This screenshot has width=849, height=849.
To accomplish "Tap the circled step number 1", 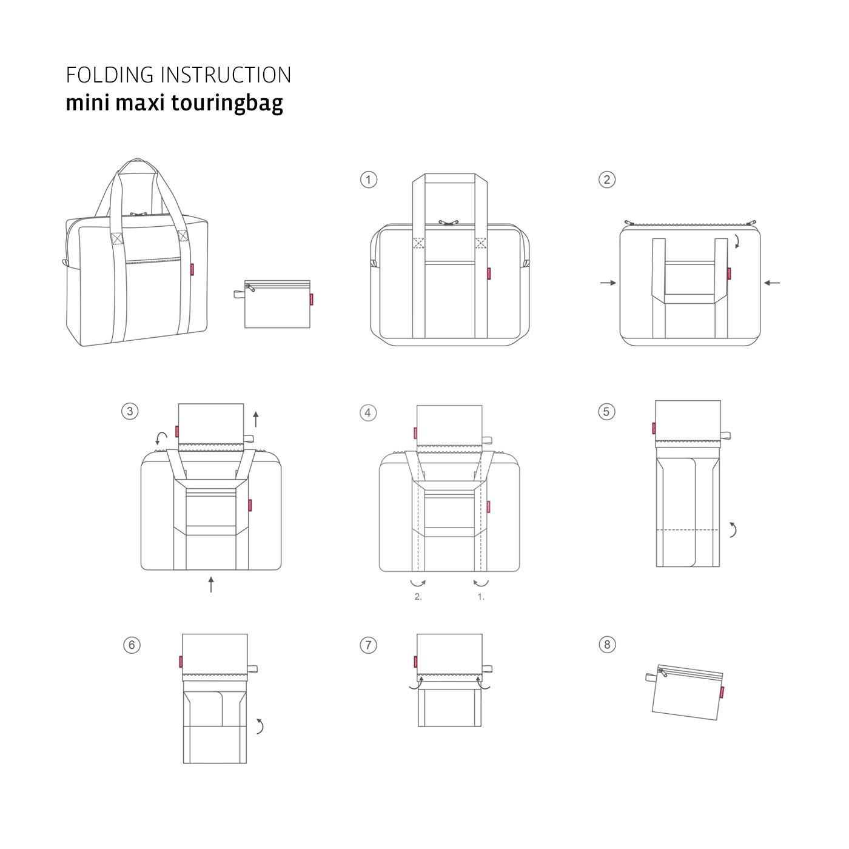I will tap(368, 180).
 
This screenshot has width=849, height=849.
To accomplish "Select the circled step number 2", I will tap(606, 180).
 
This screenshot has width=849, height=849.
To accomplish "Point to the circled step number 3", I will tap(129, 411).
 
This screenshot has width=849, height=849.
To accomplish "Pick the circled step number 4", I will tap(367, 413).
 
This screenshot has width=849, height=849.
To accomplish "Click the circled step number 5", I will tap(606, 412).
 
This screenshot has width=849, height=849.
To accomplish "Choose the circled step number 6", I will tap(132, 644).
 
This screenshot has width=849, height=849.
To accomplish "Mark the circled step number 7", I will tap(368, 645).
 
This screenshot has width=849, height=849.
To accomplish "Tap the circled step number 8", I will tap(607, 645).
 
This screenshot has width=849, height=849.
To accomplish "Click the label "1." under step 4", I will tap(481, 597).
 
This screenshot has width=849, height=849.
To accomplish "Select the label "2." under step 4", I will tap(418, 597).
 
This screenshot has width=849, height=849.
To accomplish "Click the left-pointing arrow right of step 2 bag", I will tap(772, 283).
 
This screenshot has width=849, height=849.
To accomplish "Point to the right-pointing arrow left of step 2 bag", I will tap(608, 283).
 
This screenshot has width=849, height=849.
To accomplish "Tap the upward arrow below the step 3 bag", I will tap(210, 585).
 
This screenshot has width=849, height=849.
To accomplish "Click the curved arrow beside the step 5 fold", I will tap(733, 529).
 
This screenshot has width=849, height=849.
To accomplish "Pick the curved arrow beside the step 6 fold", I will tap(260, 726).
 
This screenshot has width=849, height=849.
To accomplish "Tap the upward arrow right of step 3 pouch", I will tap(255, 418).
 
